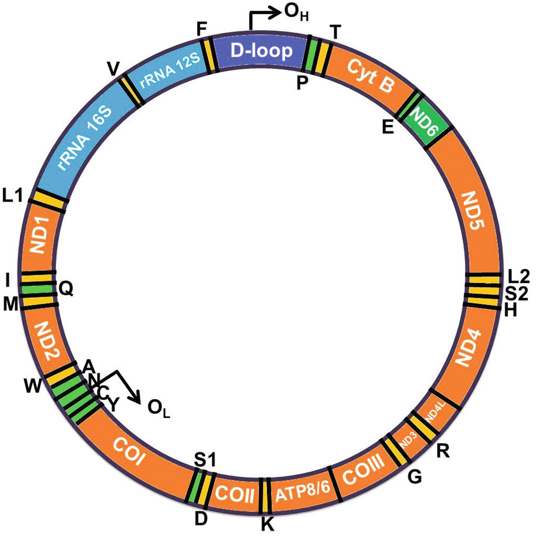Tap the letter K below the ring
(x=268, y=525)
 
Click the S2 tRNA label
(x=517, y=293)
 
